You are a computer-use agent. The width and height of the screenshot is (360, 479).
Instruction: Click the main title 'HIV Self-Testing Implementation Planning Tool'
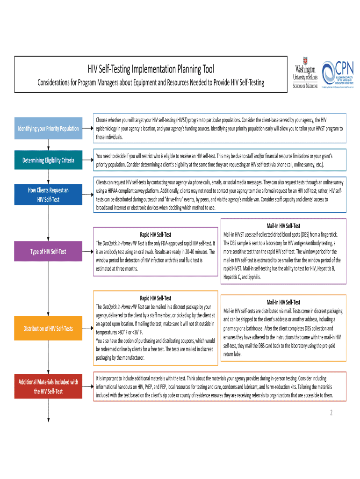[151, 70]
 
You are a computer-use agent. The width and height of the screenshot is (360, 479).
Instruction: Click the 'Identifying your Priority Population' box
[48, 128]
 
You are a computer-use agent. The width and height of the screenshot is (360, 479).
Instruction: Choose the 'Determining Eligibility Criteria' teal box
[48, 161]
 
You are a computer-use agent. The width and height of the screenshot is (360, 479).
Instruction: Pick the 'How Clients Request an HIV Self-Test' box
[48, 195]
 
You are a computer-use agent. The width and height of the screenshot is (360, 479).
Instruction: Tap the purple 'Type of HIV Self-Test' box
[48, 252]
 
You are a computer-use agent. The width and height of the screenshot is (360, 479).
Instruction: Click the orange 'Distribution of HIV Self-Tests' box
[48, 328]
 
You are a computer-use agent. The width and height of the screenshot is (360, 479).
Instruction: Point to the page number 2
[331, 413]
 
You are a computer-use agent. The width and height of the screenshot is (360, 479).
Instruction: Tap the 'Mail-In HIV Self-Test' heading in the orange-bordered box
[283, 302]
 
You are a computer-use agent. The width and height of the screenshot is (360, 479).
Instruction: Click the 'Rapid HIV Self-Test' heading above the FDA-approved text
[156, 234]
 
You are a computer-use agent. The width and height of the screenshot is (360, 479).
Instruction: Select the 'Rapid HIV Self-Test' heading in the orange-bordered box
[156, 298]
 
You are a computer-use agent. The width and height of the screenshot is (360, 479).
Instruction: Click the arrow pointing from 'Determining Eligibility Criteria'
[87, 161]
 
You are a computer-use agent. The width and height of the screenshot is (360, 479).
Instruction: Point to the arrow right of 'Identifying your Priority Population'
[87, 128]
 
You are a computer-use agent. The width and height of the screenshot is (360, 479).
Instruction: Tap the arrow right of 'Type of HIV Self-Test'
[87, 252]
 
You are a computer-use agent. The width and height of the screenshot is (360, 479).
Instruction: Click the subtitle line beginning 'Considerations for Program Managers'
[151, 83]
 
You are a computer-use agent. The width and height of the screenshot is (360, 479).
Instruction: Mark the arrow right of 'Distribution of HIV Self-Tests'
[87, 328]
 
